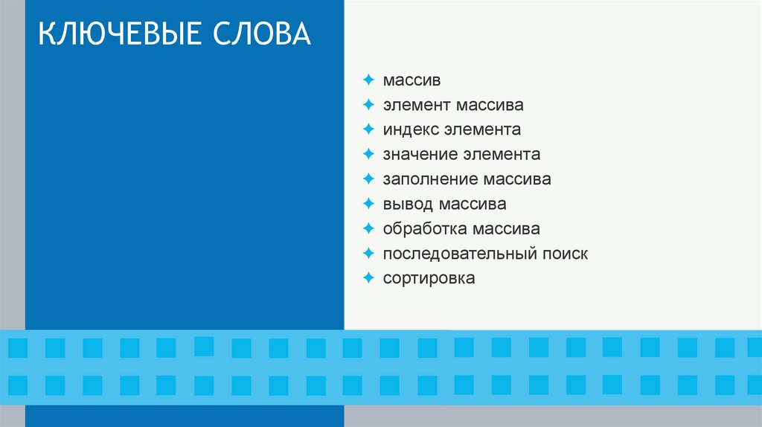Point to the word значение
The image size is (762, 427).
tap(420, 155)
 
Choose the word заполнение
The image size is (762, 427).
tap(430, 179)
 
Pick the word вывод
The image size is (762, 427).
tap(407, 204)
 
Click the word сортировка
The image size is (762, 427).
tap(429, 278)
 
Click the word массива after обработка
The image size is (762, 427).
tap(505, 228)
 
